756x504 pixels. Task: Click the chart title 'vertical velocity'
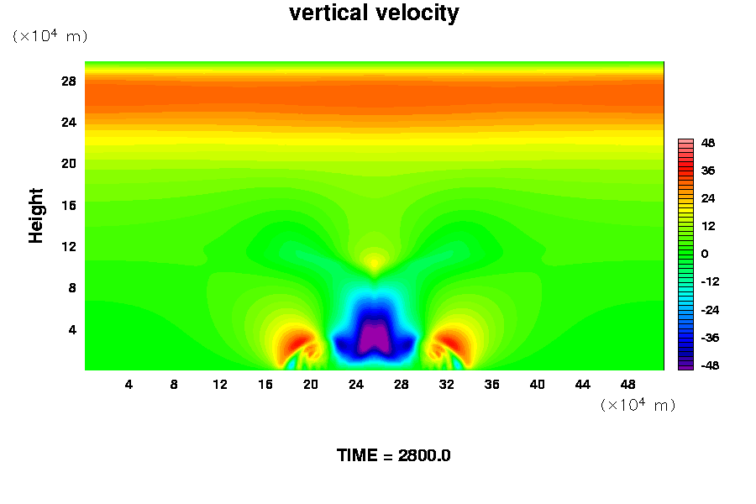tap(374, 13)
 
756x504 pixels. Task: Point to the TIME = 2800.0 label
tap(393, 455)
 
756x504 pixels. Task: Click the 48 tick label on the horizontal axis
tap(627, 384)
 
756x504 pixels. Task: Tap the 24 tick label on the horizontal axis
tap(356, 384)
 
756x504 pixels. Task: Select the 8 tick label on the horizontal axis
tap(174, 384)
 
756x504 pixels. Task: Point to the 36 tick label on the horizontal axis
tap(492, 384)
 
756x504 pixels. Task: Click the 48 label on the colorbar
tap(708, 143)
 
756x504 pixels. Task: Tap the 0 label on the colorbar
tap(706, 254)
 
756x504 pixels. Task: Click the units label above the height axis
tap(50, 36)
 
